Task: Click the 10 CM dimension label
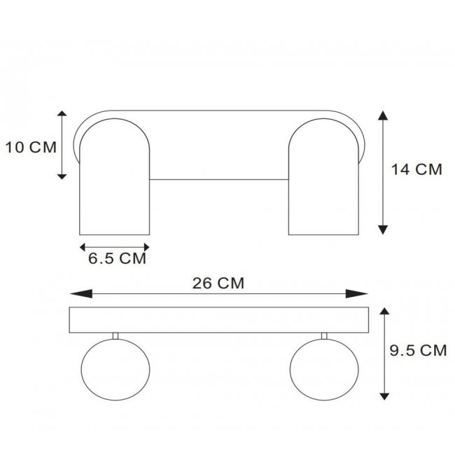coord(31,147)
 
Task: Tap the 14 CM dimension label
coord(416,169)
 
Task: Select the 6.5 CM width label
coord(117,258)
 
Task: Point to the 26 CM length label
coord(218,284)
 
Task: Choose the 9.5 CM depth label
coord(418,350)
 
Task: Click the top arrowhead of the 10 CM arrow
coord(62,113)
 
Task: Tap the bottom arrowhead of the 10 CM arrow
coord(62,176)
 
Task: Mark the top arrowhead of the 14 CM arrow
coord(383,116)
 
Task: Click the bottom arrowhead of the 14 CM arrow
coord(383,230)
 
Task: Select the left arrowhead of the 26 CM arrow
coord(81,293)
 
